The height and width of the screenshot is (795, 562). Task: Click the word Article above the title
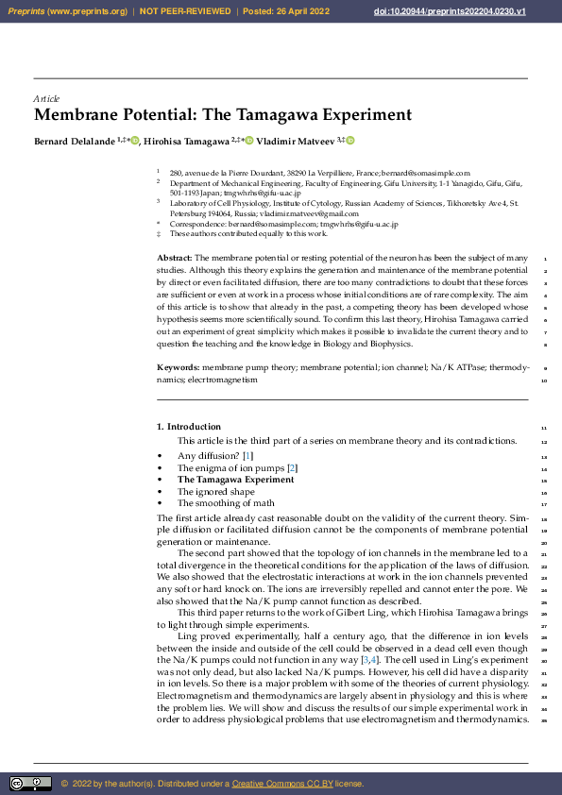tap(46, 98)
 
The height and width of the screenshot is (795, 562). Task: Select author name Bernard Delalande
tap(74, 142)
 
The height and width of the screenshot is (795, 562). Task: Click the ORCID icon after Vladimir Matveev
tap(349, 141)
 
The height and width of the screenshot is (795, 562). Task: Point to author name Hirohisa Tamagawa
tap(190, 142)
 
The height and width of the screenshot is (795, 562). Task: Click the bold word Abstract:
tap(174, 258)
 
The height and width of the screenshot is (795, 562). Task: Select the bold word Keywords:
tap(178, 366)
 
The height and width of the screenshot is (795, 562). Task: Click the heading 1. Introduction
tap(189, 427)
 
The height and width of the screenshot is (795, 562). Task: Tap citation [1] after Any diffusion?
tap(248, 456)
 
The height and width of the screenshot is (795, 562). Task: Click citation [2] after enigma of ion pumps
tap(293, 467)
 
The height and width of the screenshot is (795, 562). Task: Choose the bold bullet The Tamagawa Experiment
tap(235, 480)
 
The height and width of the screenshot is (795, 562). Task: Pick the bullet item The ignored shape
tap(215, 491)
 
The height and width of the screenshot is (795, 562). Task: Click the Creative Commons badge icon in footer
tap(30, 783)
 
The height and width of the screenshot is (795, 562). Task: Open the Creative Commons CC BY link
tap(280, 783)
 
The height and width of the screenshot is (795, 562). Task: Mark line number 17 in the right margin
tap(544, 503)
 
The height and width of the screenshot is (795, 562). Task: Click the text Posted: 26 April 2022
tap(288, 10)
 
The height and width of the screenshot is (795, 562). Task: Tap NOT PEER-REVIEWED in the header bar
tap(185, 10)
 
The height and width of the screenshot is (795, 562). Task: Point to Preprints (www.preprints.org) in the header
tap(68, 10)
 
